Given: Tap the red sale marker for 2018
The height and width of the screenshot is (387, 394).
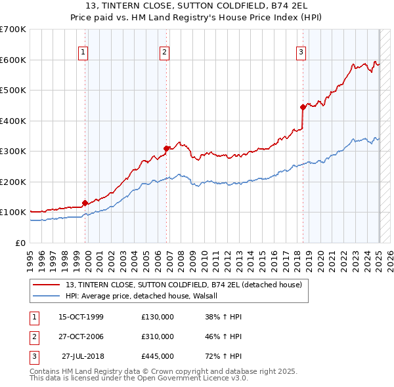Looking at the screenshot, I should pyautogui.click(x=303, y=107).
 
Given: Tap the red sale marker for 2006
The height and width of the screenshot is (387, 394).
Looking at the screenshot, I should pyautogui.click(x=167, y=148).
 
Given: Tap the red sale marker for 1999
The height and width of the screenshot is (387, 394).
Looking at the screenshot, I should pyautogui.click(x=85, y=203).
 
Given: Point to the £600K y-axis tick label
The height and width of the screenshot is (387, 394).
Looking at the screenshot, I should pyautogui.click(x=12, y=60).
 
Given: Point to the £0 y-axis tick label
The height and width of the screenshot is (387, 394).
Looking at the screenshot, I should pyautogui.click(x=20, y=243).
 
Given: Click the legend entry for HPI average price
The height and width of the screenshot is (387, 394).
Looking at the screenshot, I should pyautogui.click(x=144, y=296).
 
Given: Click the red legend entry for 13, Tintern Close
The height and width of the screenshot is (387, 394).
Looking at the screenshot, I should pyautogui.click(x=183, y=285).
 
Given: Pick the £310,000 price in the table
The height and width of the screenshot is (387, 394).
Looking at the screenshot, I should pyautogui.click(x=158, y=336).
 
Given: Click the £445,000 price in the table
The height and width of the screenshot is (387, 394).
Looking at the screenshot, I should pyautogui.click(x=158, y=356).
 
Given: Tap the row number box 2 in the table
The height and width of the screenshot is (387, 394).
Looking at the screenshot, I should pyautogui.click(x=33, y=336).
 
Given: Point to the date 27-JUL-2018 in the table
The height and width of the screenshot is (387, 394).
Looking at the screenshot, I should pyautogui.click(x=83, y=356).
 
